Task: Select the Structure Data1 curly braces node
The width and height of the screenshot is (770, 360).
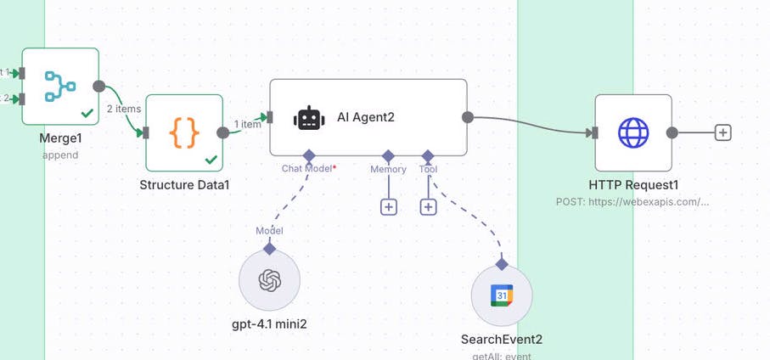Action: tap(184, 132)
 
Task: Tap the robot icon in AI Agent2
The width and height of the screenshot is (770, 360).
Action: tap(309, 118)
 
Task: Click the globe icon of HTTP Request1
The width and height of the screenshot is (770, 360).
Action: tap(633, 132)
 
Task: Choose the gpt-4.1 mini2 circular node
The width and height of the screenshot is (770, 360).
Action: tap(269, 279)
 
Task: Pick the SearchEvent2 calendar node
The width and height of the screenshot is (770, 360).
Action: tap(502, 295)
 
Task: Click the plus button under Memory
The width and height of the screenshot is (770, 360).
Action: tap(388, 206)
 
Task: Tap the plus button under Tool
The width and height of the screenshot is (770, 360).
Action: tap(428, 206)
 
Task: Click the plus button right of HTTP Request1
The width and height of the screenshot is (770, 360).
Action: tap(722, 132)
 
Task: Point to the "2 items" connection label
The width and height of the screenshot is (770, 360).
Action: tap(123, 108)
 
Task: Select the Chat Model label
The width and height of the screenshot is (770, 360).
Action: tap(308, 169)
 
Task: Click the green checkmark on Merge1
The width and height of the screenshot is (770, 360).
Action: tap(87, 112)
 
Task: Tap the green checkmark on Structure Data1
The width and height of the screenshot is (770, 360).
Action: tap(211, 159)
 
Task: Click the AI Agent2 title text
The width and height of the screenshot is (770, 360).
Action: tap(366, 118)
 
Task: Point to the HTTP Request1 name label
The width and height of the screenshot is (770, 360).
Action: tap(633, 184)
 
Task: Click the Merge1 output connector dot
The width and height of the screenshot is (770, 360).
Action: tap(99, 87)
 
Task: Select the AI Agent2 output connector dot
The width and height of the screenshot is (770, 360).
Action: tap(467, 118)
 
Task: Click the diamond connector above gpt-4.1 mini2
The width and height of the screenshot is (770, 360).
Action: tap(269, 249)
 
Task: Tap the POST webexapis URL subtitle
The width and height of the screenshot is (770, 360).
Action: tap(632, 202)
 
